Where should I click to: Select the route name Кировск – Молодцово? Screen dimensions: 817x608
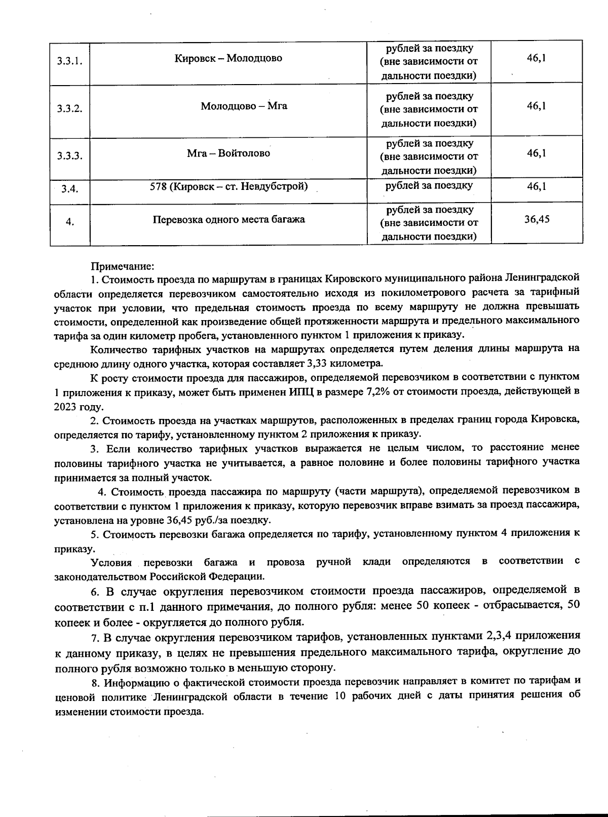[x=228, y=58]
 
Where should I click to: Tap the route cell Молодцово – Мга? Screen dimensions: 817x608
[x=244, y=106]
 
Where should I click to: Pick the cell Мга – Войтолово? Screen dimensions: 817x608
[x=228, y=153]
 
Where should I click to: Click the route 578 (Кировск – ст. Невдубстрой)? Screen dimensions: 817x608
[x=229, y=186]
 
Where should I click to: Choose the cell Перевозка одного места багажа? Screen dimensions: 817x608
[x=229, y=220]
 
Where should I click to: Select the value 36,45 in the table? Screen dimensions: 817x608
[x=537, y=219]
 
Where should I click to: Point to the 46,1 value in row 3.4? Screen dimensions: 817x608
[x=536, y=186]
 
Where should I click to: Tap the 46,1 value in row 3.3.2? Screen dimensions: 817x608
[x=536, y=106]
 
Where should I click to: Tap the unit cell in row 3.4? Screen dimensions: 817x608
[x=429, y=186]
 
